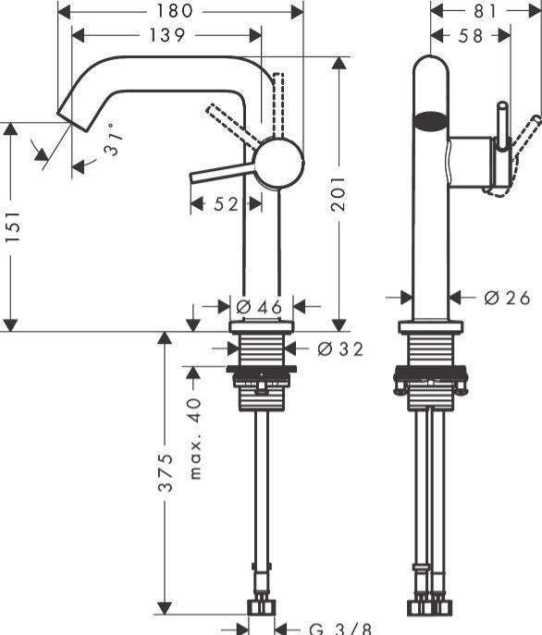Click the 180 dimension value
(180, 10)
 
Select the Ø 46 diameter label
(258, 305)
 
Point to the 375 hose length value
(165, 475)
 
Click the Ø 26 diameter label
(508, 298)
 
